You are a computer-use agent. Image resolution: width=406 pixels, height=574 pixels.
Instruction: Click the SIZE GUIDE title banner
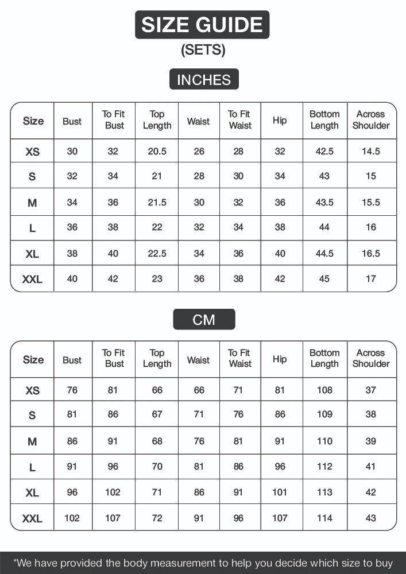click(x=202, y=25)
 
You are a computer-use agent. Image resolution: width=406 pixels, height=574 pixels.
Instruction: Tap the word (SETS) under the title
click(x=203, y=50)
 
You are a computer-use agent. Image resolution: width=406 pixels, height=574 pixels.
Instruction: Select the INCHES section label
click(x=203, y=80)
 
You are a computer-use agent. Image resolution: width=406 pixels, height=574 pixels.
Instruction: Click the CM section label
click(x=204, y=319)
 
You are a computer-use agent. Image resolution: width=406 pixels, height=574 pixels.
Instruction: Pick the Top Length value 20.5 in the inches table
click(x=157, y=152)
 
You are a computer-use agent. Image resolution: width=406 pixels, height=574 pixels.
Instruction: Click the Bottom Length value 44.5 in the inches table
click(x=324, y=253)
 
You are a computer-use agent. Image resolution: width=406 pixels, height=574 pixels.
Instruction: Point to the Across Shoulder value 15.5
click(x=371, y=202)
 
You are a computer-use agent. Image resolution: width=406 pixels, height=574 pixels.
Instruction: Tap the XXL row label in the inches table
click(x=32, y=280)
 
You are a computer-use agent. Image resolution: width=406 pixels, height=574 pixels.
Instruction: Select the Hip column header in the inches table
click(x=280, y=121)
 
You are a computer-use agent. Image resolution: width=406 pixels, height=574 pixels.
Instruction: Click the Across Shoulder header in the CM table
click(x=371, y=358)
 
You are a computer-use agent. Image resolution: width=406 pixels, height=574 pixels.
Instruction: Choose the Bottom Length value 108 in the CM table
click(x=324, y=390)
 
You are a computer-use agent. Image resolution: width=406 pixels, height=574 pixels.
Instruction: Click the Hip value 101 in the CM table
click(x=280, y=492)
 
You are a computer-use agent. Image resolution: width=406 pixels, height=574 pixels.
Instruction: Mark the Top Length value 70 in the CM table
click(x=157, y=467)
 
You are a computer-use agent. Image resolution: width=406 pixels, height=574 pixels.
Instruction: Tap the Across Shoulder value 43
click(x=371, y=518)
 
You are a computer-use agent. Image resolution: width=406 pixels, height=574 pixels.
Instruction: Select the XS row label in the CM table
click(x=33, y=390)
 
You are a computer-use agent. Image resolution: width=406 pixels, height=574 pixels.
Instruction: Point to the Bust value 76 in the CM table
click(x=72, y=390)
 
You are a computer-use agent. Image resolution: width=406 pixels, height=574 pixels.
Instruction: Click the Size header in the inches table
click(x=33, y=121)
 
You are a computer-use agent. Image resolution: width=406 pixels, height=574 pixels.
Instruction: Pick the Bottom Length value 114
click(x=324, y=518)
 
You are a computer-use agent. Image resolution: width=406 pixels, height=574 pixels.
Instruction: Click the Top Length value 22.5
click(x=157, y=253)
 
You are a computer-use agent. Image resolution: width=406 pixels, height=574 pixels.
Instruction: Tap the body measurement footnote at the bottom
click(x=203, y=563)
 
